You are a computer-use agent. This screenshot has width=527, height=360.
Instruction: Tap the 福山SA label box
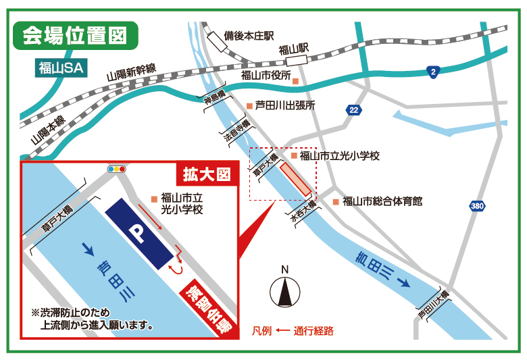[x=61, y=68]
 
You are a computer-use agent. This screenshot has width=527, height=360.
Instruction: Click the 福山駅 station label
[x=293, y=49]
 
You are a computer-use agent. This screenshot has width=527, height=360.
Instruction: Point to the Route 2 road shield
[x=432, y=71]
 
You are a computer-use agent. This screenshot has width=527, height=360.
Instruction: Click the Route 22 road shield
[x=353, y=109]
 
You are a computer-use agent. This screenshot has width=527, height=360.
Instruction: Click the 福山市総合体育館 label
[x=382, y=201]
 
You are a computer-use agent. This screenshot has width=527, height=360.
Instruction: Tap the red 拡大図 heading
[x=207, y=174]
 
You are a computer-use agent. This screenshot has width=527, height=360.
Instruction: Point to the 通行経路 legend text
[x=313, y=332]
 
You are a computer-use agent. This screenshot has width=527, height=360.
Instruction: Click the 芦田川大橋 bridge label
[x=433, y=305]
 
